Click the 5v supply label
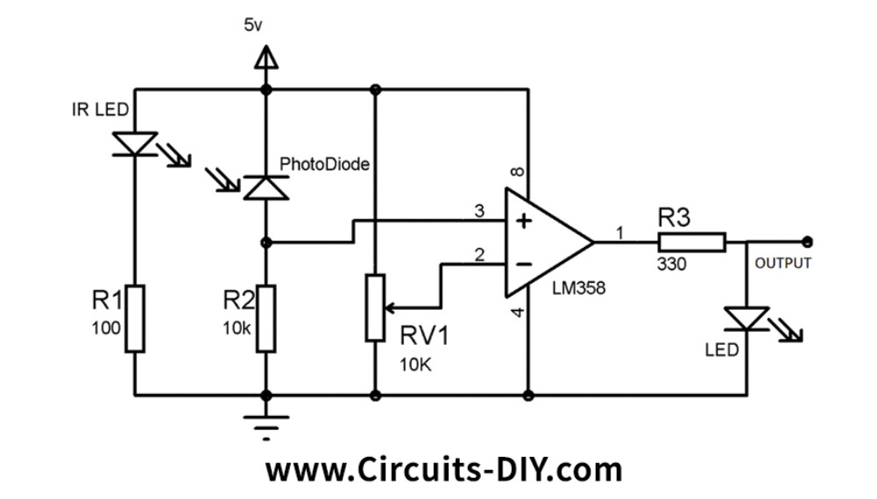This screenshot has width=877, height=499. point(252,25)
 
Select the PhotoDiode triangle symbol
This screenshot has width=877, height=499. point(265,187)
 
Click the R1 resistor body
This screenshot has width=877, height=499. point(135,317)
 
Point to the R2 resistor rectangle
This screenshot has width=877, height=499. point(265,317)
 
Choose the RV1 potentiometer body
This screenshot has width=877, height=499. point(375,307)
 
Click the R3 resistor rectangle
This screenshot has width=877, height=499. point(692,242)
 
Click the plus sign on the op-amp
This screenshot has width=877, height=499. point(524,221)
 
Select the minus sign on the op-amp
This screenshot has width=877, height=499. point(524,262)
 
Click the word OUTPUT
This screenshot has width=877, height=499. point(783,263)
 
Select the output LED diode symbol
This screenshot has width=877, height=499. point(747,319)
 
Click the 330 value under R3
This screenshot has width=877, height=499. point(672,264)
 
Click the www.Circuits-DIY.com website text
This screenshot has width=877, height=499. point(443,470)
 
